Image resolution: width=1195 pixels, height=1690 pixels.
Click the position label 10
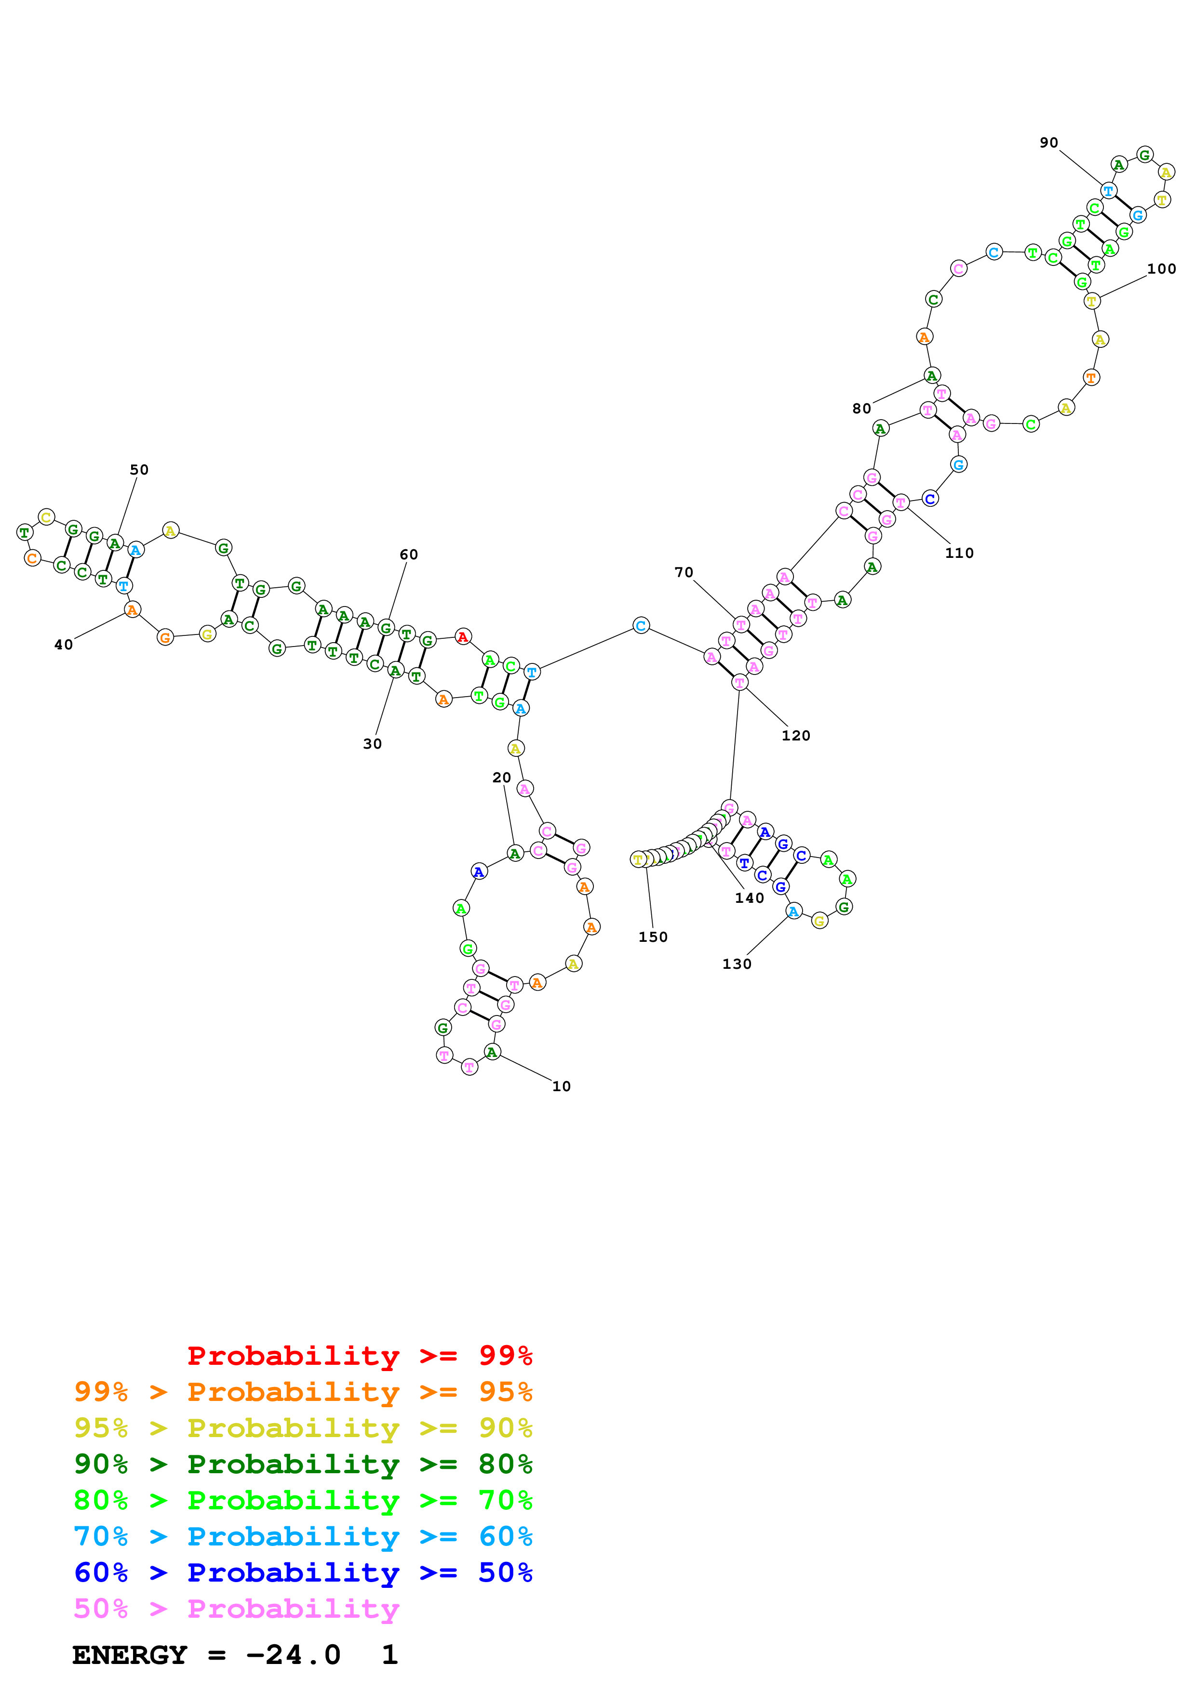[561, 1086]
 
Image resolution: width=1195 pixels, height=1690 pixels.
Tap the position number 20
[501, 778]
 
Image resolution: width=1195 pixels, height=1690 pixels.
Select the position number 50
[139, 470]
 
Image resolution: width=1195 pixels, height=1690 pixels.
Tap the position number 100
[1161, 269]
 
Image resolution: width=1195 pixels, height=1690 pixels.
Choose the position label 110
[959, 553]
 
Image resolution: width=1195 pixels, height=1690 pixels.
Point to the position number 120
[795, 735]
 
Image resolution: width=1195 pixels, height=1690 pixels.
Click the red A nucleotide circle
[462, 637]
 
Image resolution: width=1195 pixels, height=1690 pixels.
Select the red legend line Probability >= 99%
[359, 1355]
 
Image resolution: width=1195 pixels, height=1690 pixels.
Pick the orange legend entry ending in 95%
[303, 1392]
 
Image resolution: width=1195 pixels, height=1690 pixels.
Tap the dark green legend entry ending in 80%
[303, 1464]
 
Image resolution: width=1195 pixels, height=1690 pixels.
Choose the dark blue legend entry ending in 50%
[303, 1572]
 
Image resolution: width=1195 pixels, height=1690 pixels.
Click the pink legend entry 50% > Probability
[236, 1608]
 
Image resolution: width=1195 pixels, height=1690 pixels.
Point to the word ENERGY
[130, 1655]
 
